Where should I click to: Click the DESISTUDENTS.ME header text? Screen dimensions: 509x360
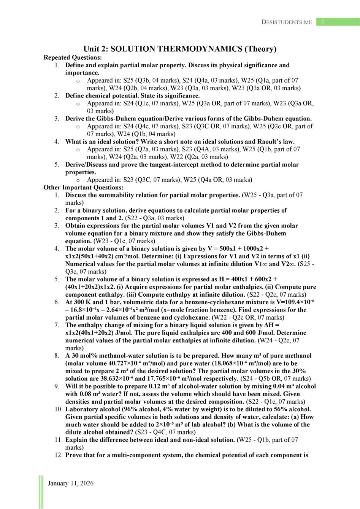pos(287,22)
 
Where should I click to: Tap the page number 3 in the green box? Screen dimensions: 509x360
pos(322,22)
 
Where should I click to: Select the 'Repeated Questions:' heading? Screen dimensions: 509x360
pos(73,57)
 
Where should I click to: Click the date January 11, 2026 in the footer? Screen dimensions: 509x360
pos(70,483)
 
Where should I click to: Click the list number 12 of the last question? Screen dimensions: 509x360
pos(58,455)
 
